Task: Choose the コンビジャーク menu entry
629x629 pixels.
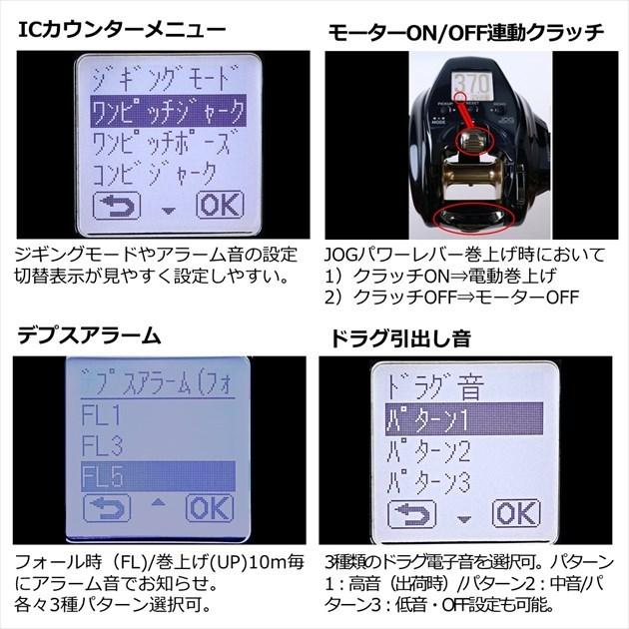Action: click(x=154, y=173)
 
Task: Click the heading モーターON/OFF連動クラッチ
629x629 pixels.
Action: click(x=466, y=31)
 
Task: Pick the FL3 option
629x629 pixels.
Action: click(x=103, y=443)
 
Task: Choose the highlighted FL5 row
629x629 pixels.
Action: click(x=155, y=476)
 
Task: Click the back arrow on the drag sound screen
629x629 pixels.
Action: click(x=410, y=513)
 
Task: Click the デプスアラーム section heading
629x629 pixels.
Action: click(x=89, y=335)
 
